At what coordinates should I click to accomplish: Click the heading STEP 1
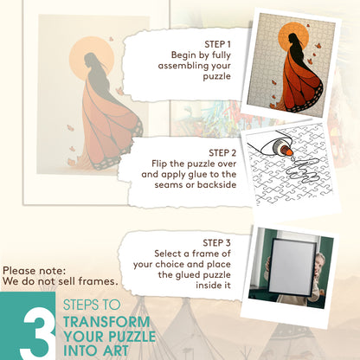(x=217, y=44)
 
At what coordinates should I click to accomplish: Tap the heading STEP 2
(x=222, y=153)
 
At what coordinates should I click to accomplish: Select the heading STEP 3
(x=216, y=243)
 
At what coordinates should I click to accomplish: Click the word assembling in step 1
(x=183, y=66)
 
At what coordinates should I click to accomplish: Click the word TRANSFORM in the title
(x=106, y=322)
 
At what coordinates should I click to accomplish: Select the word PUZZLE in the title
(x=132, y=337)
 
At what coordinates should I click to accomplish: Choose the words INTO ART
(x=96, y=350)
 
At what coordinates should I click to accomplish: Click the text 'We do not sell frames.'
(x=61, y=281)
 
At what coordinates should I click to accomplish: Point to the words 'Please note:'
(x=35, y=271)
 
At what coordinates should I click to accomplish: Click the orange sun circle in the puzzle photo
(x=293, y=37)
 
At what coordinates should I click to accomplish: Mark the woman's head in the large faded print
(x=90, y=61)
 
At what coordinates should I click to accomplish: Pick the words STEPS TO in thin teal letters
(x=92, y=305)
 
